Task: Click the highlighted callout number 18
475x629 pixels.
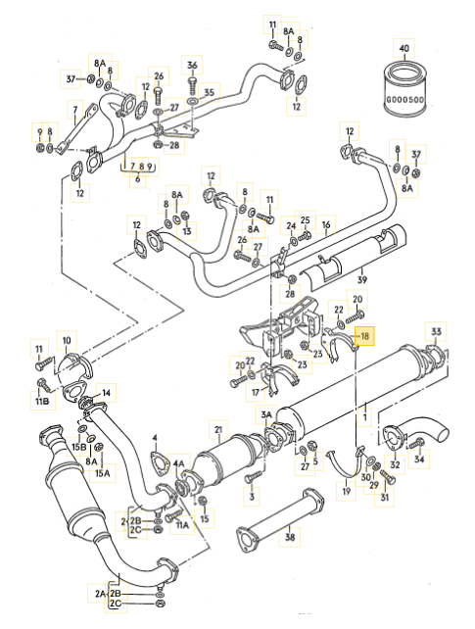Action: click(x=364, y=335)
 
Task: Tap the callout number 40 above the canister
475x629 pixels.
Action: click(x=404, y=49)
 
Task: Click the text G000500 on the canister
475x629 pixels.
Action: click(x=404, y=100)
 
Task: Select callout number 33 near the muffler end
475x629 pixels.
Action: click(x=436, y=331)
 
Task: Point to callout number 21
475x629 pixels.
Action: click(x=218, y=430)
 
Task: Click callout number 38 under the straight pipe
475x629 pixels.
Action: click(x=290, y=536)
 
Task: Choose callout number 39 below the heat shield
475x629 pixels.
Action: click(x=362, y=279)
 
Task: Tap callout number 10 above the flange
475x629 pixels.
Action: click(x=67, y=341)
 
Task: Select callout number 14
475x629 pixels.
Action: click(x=106, y=392)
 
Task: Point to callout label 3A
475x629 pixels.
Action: click(x=266, y=414)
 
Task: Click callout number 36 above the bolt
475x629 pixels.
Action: click(x=192, y=65)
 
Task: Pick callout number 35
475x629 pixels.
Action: click(x=210, y=92)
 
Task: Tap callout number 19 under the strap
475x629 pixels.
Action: click(x=347, y=491)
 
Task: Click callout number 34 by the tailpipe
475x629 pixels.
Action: click(x=419, y=458)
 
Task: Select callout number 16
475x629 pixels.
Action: click(x=326, y=224)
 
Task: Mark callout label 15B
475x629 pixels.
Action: click(x=79, y=447)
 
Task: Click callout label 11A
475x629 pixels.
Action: click(x=182, y=524)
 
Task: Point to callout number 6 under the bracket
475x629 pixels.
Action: click(x=138, y=178)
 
